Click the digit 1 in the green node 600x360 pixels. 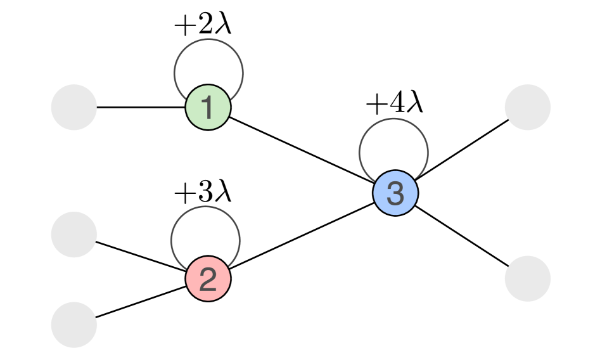(208, 108)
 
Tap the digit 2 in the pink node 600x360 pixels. (208, 280)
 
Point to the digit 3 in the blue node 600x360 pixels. (395, 193)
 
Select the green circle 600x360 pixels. (217, 118)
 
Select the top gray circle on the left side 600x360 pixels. (74, 107)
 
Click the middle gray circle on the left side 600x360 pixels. (74, 235)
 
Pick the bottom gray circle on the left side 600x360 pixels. (74, 325)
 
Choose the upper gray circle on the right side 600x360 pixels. (528, 107)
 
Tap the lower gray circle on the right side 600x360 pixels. (528, 278)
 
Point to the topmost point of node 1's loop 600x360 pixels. (208, 39)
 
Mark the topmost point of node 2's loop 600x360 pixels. (205, 207)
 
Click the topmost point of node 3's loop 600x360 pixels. (393, 119)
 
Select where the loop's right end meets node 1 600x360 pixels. (232, 100)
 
